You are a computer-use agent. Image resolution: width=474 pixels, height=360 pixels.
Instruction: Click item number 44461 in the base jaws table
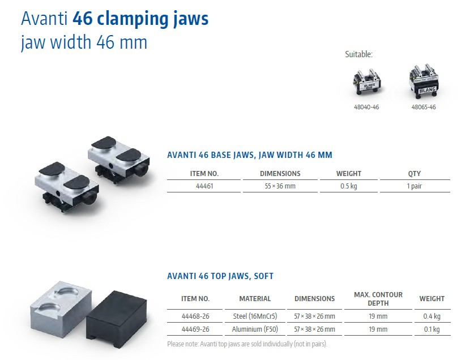(204, 186)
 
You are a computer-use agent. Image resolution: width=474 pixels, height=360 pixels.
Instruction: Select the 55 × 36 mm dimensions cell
(280, 186)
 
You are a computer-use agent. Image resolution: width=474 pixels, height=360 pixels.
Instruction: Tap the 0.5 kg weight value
(348, 186)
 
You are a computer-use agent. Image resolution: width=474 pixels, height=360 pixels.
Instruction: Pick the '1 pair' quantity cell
(414, 186)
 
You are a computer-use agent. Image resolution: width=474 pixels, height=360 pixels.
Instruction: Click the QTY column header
(414, 174)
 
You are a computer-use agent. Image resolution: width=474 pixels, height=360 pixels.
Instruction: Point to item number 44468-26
(195, 316)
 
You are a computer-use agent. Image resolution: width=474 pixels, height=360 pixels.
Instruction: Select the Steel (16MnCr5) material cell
(255, 316)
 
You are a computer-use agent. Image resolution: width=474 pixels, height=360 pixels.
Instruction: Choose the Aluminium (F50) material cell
(255, 329)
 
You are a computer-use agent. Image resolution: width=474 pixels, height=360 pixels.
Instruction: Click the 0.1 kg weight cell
(432, 329)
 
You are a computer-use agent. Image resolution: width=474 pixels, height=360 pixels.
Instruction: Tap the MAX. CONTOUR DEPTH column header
(378, 299)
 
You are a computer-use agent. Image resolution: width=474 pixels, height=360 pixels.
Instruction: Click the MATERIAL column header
(255, 299)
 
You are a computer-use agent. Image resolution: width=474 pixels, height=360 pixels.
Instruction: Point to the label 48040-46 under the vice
(366, 107)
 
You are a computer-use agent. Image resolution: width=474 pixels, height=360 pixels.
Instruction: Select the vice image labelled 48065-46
(424, 80)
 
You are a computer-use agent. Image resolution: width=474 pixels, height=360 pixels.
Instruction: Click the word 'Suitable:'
(359, 54)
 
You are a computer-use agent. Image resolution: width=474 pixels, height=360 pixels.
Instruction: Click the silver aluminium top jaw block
(61, 308)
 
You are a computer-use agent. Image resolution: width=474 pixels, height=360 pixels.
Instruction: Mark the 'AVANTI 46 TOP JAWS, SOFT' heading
(220, 276)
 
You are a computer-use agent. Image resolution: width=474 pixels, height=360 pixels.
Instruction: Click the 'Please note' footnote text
(247, 344)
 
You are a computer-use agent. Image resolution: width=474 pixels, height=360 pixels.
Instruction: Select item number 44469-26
(195, 329)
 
